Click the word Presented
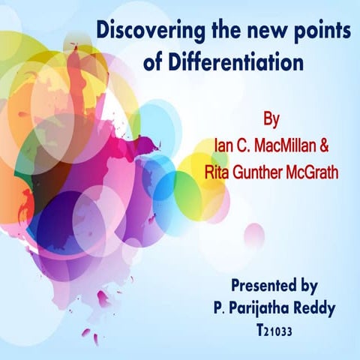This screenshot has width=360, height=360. point(259,285)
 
